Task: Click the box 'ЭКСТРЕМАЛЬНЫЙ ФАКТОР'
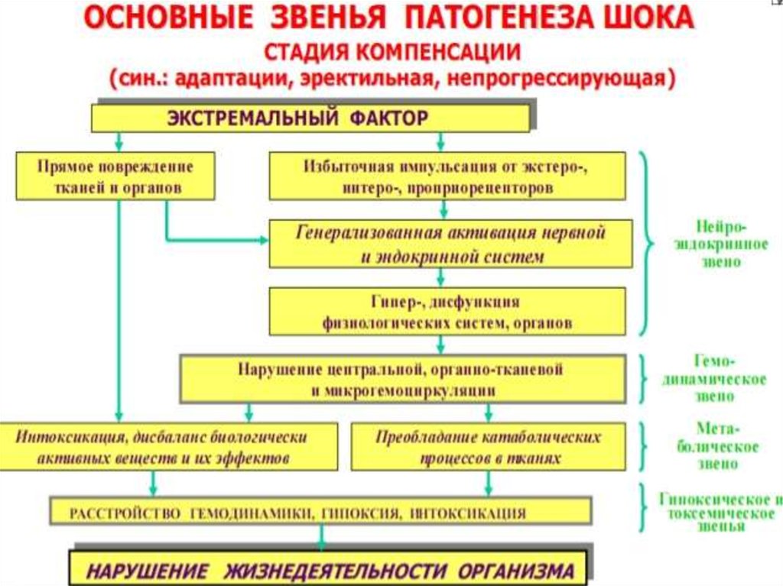pos(310,118)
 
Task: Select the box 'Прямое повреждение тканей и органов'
pos(115,176)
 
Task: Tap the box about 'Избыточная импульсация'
pos(447,176)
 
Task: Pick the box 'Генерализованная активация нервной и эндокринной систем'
pos(451,244)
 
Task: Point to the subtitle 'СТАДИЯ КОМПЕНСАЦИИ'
pos(393,51)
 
